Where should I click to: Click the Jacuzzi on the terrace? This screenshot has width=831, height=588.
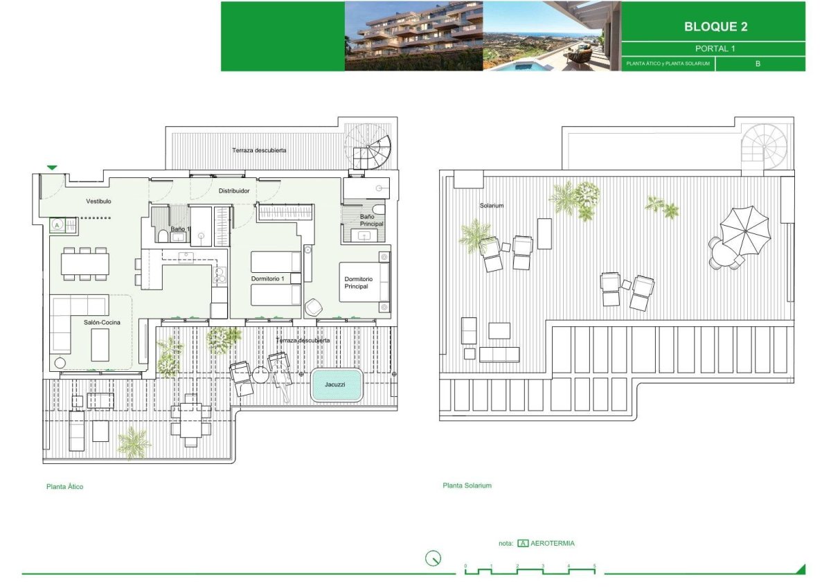click(x=336, y=384)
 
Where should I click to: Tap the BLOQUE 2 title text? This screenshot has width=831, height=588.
click(x=715, y=27)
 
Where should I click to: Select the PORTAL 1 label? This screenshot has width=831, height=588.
click(x=715, y=48)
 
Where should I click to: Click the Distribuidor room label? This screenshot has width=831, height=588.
click(x=234, y=190)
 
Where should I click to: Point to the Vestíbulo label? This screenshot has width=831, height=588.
click(x=98, y=201)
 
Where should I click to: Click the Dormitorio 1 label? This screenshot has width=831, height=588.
click(x=267, y=278)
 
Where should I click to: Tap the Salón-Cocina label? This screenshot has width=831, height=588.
click(x=102, y=322)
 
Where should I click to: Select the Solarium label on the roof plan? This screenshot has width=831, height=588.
click(x=492, y=205)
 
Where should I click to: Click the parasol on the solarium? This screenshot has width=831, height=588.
click(x=745, y=231)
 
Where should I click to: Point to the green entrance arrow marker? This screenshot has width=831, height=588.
click(x=52, y=168)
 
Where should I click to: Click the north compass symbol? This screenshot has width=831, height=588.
click(x=433, y=558)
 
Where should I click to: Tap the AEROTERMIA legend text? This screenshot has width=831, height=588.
click(x=553, y=543)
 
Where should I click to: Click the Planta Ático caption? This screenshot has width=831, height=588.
click(x=64, y=486)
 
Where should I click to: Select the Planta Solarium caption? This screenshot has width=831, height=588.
click(x=467, y=485)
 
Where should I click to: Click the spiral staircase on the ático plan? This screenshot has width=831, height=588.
click(x=368, y=147)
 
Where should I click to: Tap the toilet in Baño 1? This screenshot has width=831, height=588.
click(x=163, y=236)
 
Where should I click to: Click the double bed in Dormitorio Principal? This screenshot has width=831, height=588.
click(x=364, y=282)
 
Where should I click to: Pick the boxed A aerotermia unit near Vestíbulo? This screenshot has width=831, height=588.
click(x=57, y=225)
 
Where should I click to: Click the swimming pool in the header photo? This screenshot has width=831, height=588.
click(x=518, y=66)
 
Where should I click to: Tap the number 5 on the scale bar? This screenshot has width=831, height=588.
click(x=594, y=566)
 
